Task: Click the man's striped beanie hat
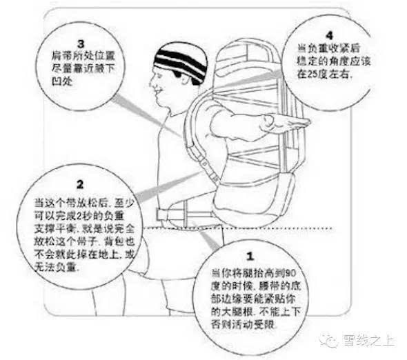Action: pyautogui.click(x=181, y=61)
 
